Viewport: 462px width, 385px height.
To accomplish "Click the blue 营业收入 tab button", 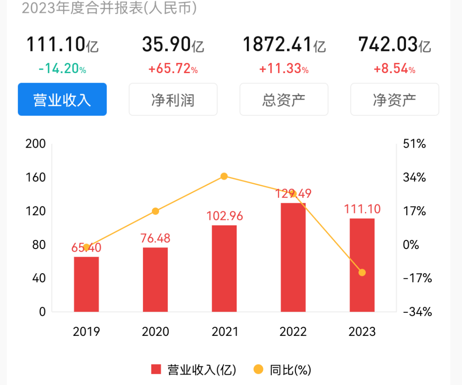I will (x=62, y=99).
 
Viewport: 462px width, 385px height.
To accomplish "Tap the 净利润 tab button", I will (x=173, y=99).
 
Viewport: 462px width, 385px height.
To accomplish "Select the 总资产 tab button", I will (x=284, y=99).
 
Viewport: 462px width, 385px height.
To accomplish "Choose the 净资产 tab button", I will (x=394, y=99).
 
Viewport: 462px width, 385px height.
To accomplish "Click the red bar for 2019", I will (x=86, y=284).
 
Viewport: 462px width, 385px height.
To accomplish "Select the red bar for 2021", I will (x=224, y=268).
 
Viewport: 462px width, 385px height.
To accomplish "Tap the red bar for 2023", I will (x=362, y=265).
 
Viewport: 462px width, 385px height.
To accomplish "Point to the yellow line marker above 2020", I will (x=155, y=211).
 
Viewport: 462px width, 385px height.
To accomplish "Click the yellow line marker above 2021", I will (x=224, y=176).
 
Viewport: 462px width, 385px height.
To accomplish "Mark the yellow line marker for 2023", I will (x=362, y=272).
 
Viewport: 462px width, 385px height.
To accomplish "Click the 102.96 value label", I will (x=224, y=216).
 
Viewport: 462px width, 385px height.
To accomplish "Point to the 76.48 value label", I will (x=155, y=238).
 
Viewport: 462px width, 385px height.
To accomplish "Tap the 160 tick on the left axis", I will (x=36, y=177).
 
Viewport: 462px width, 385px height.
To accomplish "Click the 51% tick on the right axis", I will (x=415, y=144).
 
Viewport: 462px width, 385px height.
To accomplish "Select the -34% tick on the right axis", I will (x=417, y=312).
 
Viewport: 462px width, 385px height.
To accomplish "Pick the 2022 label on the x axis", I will (x=293, y=332).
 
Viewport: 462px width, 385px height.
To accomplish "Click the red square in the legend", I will (x=156, y=369).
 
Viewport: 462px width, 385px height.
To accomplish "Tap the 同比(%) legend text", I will (x=290, y=369).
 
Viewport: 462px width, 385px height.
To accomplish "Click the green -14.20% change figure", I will (x=62, y=69).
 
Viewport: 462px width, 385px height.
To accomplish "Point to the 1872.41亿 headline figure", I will (x=284, y=44).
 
